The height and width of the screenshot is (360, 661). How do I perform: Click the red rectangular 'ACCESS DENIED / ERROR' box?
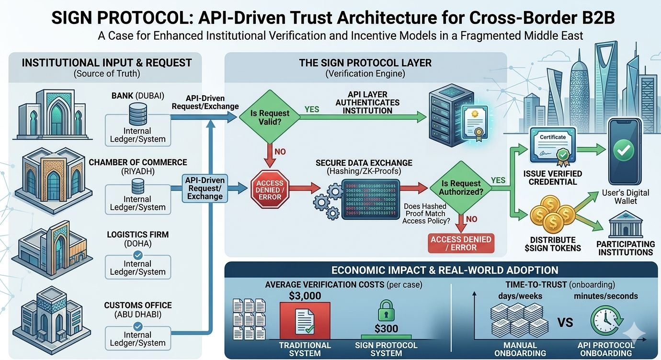460,243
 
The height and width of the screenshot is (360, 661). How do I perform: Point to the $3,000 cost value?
305,296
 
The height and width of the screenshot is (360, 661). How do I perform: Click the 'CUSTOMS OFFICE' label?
137,305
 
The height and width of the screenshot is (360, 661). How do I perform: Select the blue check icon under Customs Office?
137,326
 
